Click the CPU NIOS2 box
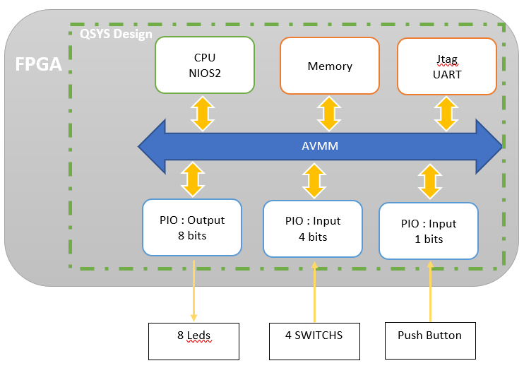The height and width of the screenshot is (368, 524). coord(204,65)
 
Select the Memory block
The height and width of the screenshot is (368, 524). coord(330,66)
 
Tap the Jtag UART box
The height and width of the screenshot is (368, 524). coord(447,66)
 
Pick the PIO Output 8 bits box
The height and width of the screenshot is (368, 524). coord(192,227)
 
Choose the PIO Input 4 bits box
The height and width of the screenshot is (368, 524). coord(312,228)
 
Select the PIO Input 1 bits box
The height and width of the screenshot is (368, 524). coord(429,230)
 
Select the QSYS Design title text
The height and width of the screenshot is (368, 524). coord(116,34)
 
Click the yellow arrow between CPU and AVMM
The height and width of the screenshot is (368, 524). coord(203,112)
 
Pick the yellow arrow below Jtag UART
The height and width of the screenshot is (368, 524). coord(446,113)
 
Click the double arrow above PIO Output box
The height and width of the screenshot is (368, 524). coord(192,179)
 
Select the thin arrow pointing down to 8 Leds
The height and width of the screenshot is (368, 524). coord(193,290)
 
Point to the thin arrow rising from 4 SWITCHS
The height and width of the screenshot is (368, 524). coord(314,290)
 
